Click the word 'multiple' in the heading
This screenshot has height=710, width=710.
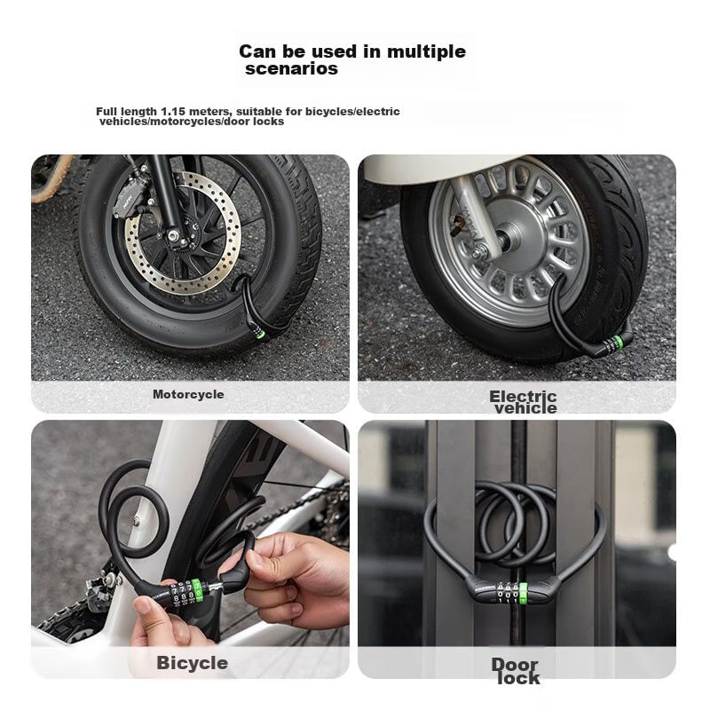[426, 52]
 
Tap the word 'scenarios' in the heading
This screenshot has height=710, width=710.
[292, 69]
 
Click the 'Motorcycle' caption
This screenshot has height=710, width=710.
[188, 394]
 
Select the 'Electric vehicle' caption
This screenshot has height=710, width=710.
[524, 402]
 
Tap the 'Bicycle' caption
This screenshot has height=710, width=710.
[193, 663]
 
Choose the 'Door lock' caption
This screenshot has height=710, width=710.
[517, 671]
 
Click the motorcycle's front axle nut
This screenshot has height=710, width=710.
[172, 235]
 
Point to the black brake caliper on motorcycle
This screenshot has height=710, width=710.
[130, 199]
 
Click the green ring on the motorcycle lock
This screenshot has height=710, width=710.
[260, 335]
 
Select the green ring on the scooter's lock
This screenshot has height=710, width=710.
[619, 342]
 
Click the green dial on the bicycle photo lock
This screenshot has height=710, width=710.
[197, 590]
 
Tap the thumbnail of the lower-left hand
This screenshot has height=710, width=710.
[145, 605]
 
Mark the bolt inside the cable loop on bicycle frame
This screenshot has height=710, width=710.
[136, 521]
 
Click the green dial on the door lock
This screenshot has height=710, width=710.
[524, 592]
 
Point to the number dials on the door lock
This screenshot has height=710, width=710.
[508, 592]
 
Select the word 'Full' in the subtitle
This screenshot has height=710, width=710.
[105, 112]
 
